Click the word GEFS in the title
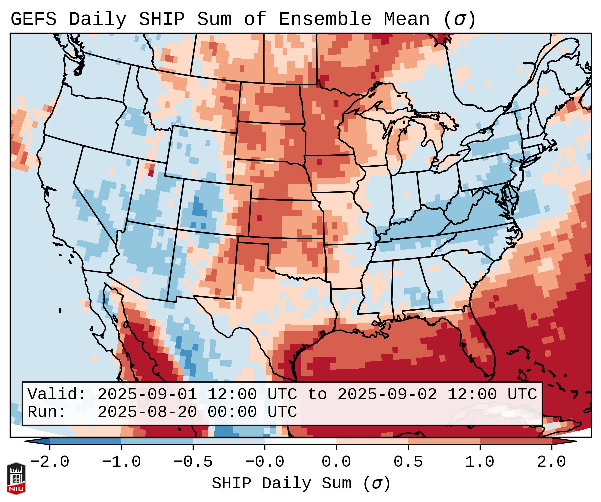33,19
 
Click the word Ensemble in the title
325,19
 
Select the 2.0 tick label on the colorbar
552,462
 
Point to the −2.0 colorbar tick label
50,462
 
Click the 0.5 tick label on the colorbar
408,462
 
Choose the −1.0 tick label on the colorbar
121,462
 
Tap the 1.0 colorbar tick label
480,462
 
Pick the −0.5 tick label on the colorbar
193,462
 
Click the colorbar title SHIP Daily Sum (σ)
301,483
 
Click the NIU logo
16,478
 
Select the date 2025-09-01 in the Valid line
147,394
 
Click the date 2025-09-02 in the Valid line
387,394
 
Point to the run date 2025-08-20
147,412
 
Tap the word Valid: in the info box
57,394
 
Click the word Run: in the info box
47,412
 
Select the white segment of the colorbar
300,441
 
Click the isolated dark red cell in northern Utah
151,173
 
